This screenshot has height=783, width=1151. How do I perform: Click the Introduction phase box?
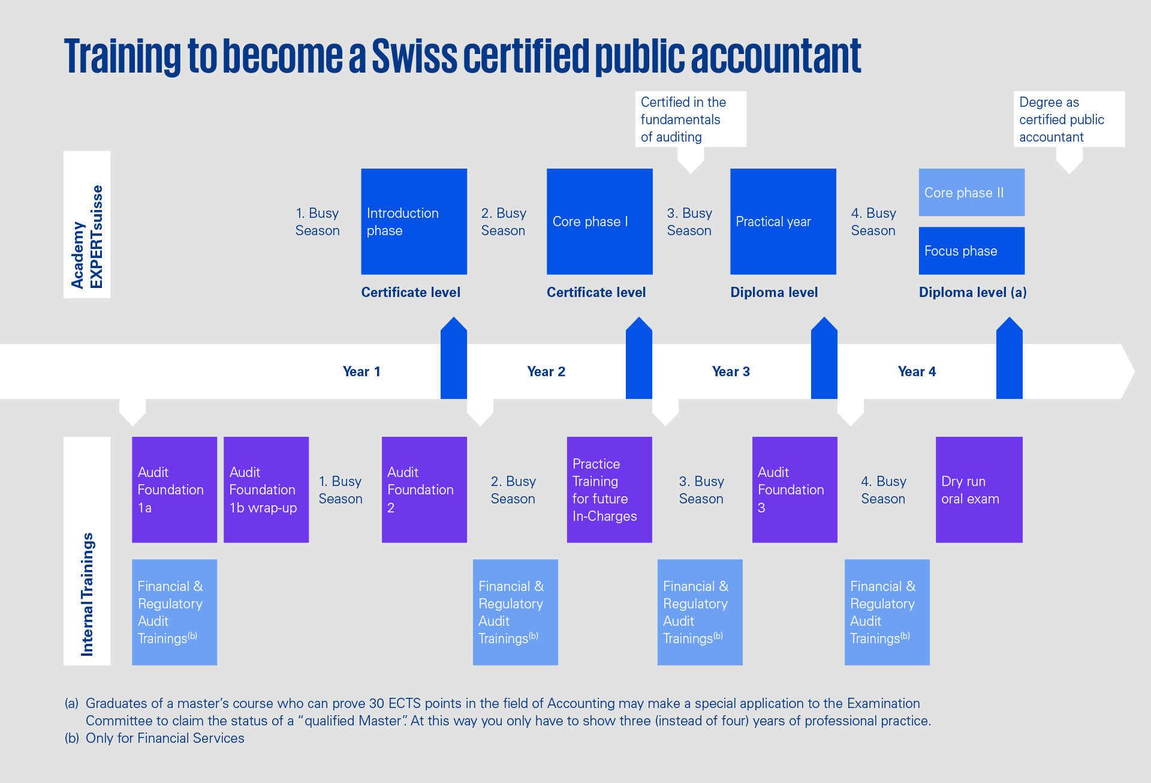pyautogui.click(x=414, y=221)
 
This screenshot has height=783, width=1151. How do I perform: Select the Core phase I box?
pyautogui.click(x=599, y=221)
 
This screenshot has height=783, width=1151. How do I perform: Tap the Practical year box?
pyautogui.click(x=783, y=221)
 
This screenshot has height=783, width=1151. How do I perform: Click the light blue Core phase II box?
pyautogui.click(x=971, y=193)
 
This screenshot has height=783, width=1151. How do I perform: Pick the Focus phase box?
pyautogui.click(x=971, y=251)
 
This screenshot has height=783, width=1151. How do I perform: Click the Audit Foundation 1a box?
pyautogui.click(x=174, y=490)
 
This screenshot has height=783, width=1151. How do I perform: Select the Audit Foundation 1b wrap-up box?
pyautogui.click(x=266, y=490)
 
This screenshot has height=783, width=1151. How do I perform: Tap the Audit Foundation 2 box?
pyautogui.click(x=424, y=490)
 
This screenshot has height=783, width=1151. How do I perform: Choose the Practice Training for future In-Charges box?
pyautogui.click(x=609, y=490)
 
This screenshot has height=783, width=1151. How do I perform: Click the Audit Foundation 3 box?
pyautogui.click(x=794, y=490)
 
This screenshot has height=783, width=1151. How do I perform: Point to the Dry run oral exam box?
pyautogui.click(x=979, y=490)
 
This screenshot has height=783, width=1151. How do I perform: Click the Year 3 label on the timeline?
pyautogui.click(x=731, y=371)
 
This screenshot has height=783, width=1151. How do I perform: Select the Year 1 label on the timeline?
pyautogui.click(x=361, y=371)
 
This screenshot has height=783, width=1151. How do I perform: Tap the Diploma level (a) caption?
pyautogui.click(x=972, y=292)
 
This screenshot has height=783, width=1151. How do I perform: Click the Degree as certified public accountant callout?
pyautogui.click(x=1069, y=119)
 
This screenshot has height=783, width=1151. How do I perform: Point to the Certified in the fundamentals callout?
pyautogui.click(x=691, y=119)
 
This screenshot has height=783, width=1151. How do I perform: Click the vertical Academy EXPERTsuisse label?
pyautogui.click(x=87, y=236)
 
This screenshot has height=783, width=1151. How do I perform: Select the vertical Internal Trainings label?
pyautogui.click(x=87, y=594)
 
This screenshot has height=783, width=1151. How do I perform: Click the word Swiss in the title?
pyautogui.click(x=414, y=56)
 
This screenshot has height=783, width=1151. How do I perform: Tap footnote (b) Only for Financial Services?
pyautogui.click(x=155, y=738)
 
